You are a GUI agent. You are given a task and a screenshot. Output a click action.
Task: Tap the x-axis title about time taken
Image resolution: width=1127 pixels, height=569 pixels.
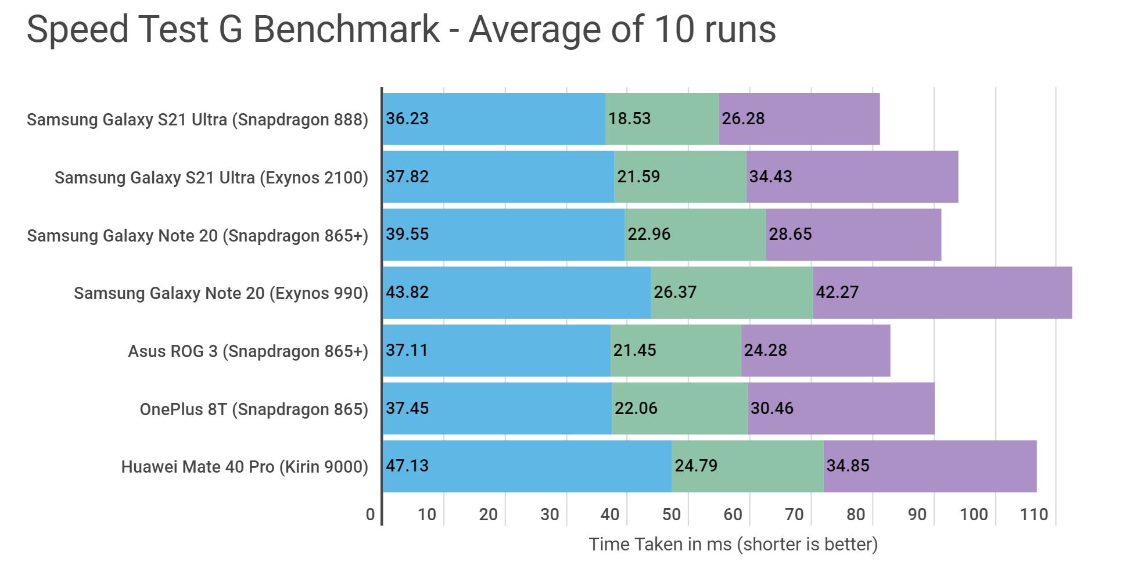click(733, 544)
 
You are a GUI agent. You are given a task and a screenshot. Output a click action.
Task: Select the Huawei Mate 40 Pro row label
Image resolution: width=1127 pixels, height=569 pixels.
click(245, 467)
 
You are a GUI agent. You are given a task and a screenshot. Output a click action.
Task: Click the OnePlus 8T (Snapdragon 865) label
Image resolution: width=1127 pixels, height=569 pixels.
click(254, 409)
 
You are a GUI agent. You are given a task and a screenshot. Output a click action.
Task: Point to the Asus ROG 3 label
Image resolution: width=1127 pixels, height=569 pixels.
click(248, 351)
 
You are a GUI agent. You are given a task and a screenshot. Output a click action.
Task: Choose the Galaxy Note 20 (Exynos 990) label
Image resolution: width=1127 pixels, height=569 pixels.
click(221, 293)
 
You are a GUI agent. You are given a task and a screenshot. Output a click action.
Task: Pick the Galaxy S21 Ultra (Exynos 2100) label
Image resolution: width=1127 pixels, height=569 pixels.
click(211, 177)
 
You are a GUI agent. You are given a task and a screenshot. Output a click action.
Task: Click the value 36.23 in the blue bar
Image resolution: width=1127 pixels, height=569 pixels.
click(407, 118)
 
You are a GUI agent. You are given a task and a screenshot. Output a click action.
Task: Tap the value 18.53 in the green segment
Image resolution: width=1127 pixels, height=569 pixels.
click(629, 118)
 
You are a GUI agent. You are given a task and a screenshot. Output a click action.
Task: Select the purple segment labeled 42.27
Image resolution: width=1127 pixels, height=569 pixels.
click(942, 293)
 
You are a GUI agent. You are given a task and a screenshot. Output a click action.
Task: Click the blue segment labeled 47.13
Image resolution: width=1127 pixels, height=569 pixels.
click(527, 466)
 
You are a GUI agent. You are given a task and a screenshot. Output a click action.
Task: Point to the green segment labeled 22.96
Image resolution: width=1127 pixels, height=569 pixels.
click(695, 235)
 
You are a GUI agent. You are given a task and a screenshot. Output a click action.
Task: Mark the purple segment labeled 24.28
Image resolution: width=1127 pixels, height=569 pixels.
click(816, 351)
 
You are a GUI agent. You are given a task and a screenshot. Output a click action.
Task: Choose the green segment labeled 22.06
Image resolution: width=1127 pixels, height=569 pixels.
click(680, 408)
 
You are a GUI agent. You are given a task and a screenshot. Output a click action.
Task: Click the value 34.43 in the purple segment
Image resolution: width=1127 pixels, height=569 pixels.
click(770, 177)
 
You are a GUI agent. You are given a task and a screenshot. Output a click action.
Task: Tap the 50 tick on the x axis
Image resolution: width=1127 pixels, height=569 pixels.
click(672, 514)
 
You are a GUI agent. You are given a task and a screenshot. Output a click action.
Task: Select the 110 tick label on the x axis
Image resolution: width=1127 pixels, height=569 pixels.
click(1034, 514)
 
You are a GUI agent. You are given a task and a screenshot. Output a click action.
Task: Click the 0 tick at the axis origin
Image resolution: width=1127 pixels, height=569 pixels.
click(370, 514)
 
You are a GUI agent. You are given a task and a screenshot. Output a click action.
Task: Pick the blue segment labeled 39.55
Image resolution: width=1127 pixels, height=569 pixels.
click(504, 235)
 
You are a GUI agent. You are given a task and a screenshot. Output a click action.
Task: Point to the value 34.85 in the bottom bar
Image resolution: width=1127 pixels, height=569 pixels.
click(848, 466)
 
